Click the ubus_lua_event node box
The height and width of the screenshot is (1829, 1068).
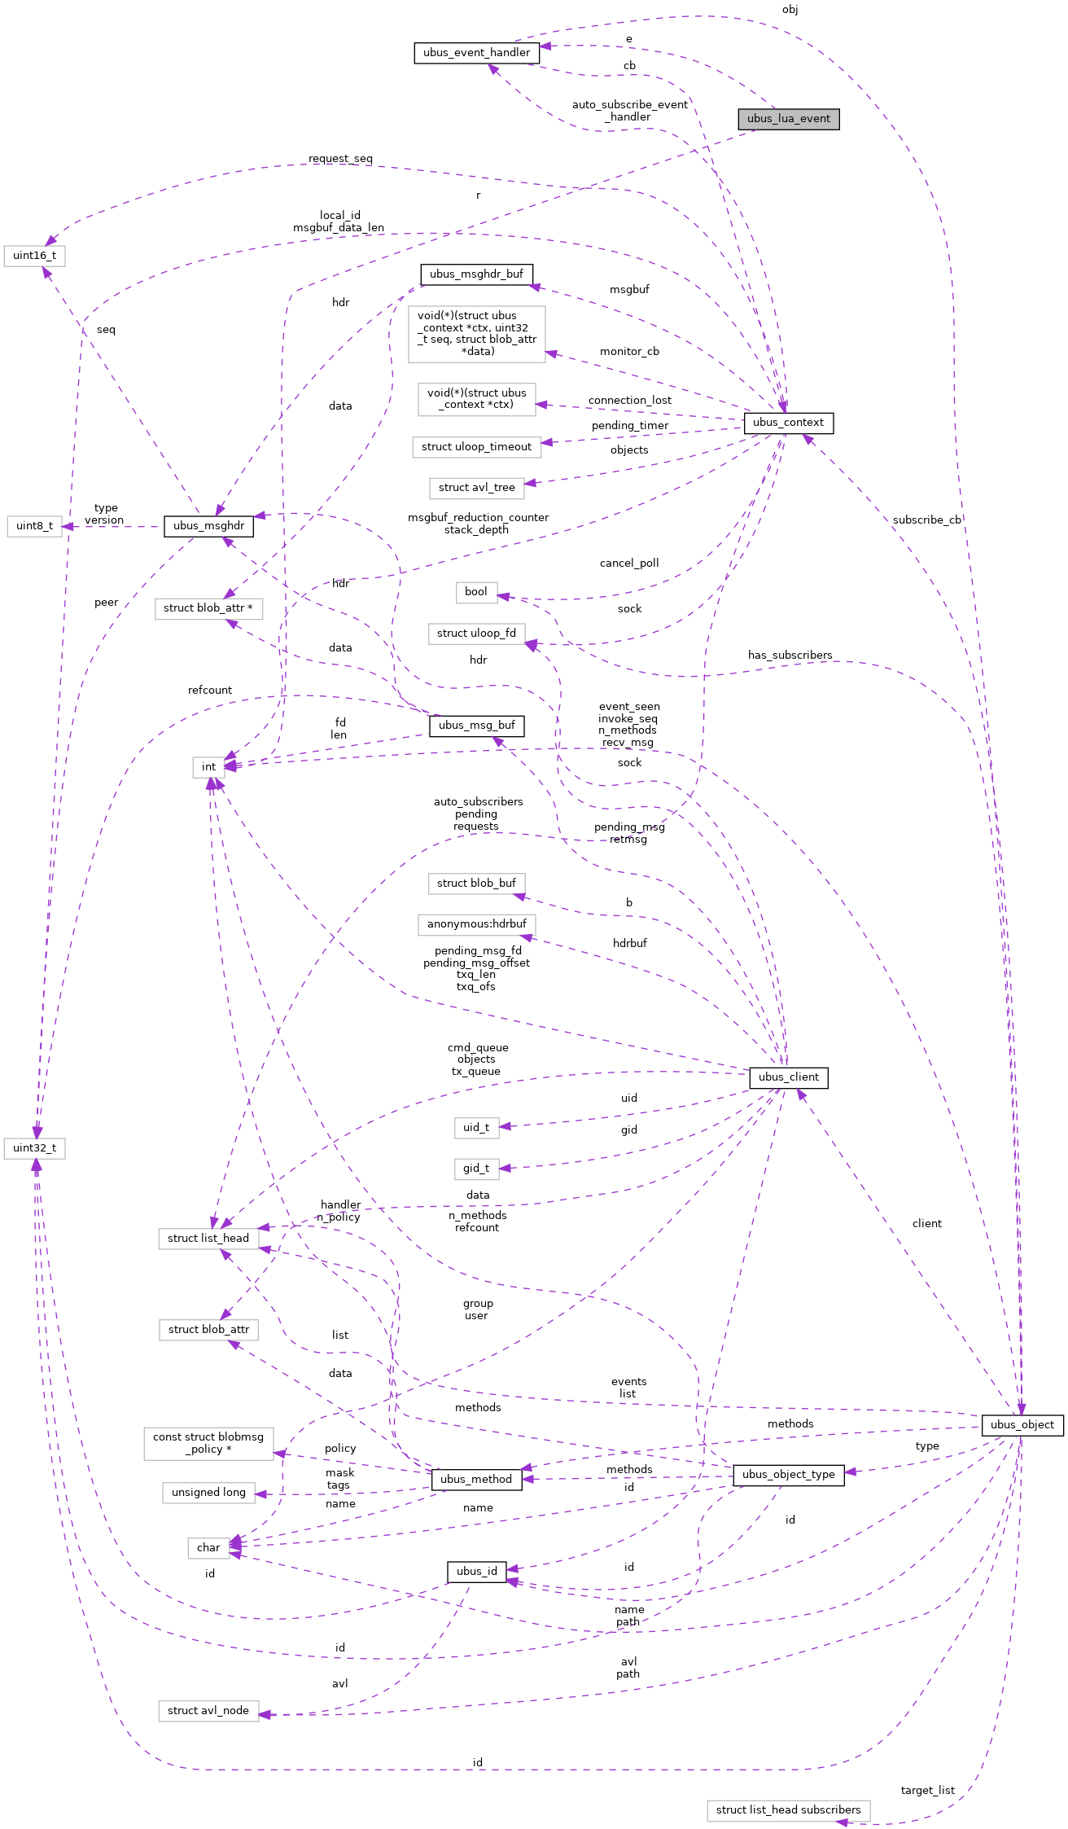click(788, 119)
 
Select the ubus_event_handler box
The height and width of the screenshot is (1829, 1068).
click(476, 53)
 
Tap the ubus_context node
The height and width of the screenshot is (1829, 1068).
click(788, 423)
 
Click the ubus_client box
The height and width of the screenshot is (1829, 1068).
click(788, 1077)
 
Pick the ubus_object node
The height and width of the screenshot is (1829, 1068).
click(1022, 1425)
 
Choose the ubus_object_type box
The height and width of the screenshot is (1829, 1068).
click(788, 1475)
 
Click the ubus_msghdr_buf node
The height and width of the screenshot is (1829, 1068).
click(476, 274)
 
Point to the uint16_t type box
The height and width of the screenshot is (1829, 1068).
click(34, 256)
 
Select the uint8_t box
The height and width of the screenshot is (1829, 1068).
click(34, 526)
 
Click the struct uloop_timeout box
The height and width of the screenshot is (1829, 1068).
click(476, 447)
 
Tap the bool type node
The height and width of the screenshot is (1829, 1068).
click(476, 592)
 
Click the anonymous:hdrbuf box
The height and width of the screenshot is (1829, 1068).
click(476, 924)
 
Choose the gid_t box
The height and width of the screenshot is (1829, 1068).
click(476, 1169)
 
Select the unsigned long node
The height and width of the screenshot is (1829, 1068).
click(208, 1493)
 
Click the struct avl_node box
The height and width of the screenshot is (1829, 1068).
click(208, 1711)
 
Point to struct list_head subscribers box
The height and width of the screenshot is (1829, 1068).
click(788, 1810)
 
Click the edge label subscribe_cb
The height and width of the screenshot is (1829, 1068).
click(926, 520)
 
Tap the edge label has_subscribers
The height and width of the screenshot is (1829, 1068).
click(790, 656)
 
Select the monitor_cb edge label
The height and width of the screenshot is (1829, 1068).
click(629, 352)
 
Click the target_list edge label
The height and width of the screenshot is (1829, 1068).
click(927, 1791)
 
